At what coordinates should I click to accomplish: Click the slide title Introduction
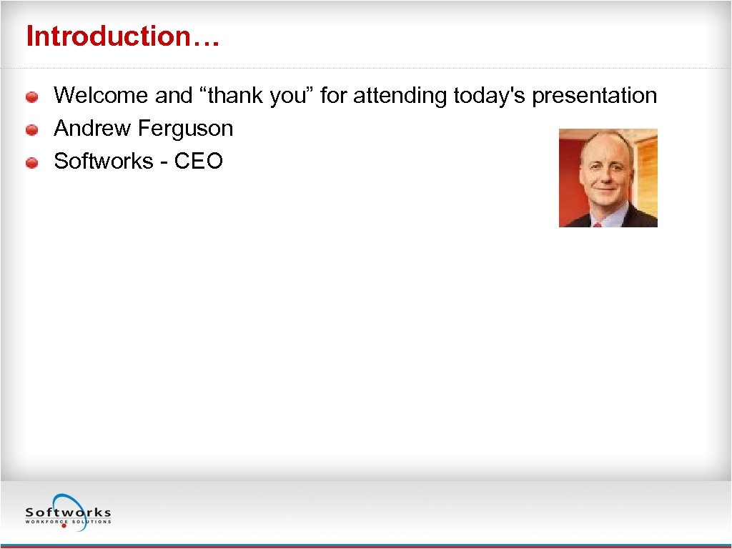122,36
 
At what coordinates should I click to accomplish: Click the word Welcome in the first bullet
102,95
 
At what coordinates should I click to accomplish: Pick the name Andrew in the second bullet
92,128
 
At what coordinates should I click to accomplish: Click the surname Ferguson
185,128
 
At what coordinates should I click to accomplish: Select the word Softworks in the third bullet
104,161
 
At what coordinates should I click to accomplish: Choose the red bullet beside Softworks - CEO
32,163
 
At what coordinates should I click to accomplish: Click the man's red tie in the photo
598,224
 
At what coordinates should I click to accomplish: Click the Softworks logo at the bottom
68,511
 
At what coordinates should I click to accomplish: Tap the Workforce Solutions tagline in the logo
68,521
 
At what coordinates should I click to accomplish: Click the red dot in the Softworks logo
64,526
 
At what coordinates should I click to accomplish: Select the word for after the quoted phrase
333,95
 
